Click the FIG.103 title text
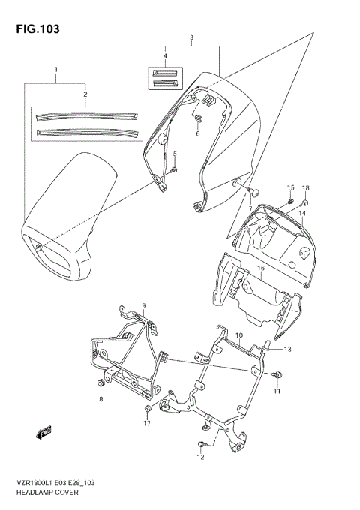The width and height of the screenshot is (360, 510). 35,28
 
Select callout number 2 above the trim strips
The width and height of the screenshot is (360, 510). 85,95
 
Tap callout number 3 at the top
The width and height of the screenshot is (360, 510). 192,37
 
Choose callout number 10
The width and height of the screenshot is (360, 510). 239,336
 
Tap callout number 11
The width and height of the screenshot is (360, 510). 277,391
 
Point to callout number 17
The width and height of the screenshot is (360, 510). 148,424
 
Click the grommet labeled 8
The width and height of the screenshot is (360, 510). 100,385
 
